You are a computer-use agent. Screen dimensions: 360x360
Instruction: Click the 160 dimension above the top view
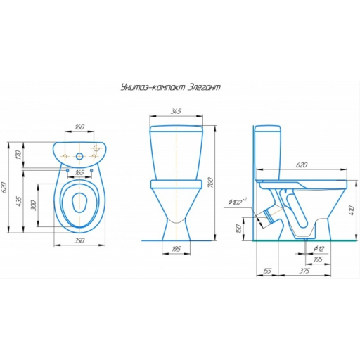(79, 127)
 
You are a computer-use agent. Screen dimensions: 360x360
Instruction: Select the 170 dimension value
(19, 155)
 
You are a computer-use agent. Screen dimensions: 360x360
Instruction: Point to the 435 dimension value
(19, 201)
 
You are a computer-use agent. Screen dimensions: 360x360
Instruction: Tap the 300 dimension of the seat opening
(34, 205)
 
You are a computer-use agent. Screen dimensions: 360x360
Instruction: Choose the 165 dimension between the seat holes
(79, 173)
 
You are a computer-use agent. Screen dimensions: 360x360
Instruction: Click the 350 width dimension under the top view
(79, 240)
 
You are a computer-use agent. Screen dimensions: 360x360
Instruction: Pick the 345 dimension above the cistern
(176, 111)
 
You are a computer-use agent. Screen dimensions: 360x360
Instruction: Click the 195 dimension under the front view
(176, 249)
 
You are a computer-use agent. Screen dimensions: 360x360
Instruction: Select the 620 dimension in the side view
(302, 165)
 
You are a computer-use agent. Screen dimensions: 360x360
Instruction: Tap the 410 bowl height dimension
(351, 210)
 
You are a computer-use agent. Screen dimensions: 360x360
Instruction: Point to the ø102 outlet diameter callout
(237, 202)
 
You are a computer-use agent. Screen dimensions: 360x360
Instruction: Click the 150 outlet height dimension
(238, 229)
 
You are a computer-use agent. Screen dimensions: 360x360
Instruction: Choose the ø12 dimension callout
(319, 248)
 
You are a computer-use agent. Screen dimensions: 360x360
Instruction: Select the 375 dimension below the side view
(304, 271)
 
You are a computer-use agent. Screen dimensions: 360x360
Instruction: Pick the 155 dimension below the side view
(267, 271)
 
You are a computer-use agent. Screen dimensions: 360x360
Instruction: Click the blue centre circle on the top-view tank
(80, 156)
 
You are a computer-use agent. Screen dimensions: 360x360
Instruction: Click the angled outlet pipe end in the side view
(269, 217)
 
